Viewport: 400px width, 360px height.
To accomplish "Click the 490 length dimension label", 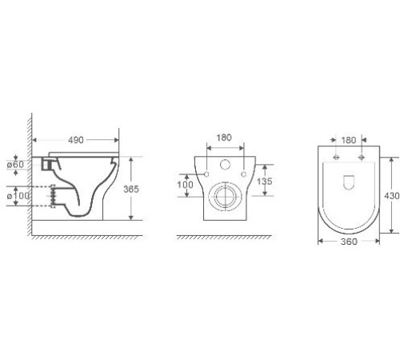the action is (x=76, y=140).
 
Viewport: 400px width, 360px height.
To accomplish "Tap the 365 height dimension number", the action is (x=131, y=189).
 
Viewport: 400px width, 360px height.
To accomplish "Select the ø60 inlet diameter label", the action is (x=15, y=164).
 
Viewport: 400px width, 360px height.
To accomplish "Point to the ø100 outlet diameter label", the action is (x=18, y=196).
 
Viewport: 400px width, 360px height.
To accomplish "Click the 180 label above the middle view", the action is (x=224, y=138).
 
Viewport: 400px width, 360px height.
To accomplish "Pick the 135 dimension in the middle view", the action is (x=265, y=182).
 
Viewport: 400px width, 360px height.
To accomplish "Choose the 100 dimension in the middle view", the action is (x=186, y=184).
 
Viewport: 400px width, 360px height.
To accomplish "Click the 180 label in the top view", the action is (x=349, y=140).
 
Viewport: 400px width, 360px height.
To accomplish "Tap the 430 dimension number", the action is (x=392, y=196).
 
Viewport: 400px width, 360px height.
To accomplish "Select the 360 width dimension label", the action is (x=349, y=242).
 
